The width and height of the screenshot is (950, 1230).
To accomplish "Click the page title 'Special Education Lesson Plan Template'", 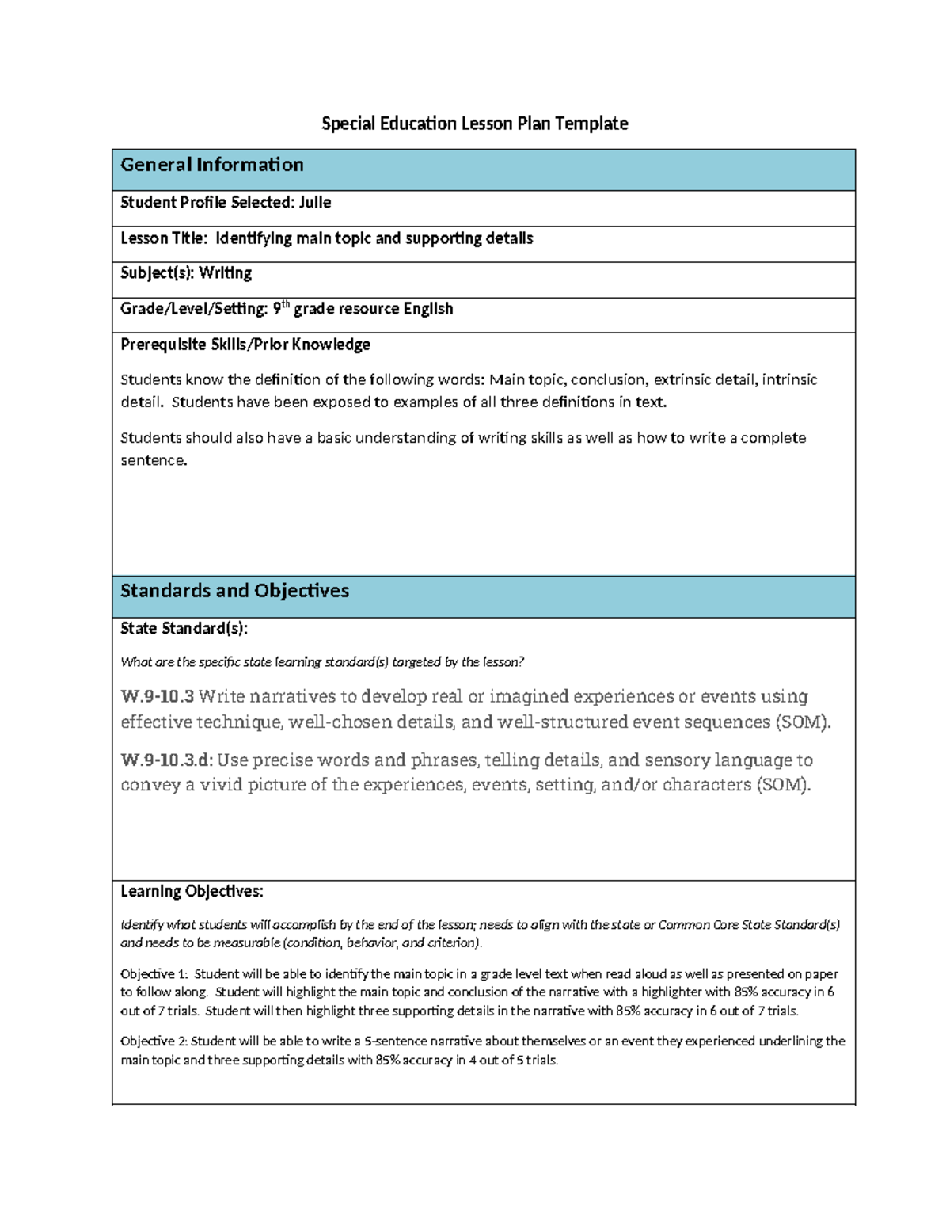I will pyautogui.click(x=474, y=124).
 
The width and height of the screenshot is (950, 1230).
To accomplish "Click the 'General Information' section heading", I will pyautogui.click(x=211, y=165).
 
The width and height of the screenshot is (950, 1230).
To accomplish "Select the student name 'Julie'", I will pyautogui.click(x=314, y=203).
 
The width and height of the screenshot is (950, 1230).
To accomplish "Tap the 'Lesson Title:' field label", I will pyautogui.click(x=164, y=238).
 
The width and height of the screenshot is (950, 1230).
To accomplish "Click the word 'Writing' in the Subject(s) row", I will pyautogui.click(x=225, y=273).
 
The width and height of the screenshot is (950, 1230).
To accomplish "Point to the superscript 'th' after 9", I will pyautogui.click(x=286, y=303).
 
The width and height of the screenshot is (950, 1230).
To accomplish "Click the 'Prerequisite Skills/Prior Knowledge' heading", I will pyautogui.click(x=245, y=345).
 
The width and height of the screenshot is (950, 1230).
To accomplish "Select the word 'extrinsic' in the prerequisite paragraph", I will pyautogui.click(x=682, y=379).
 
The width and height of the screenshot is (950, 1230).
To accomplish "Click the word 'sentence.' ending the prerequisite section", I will pyautogui.click(x=154, y=460).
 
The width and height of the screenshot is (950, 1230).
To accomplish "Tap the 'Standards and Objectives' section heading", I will pyautogui.click(x=234, y=591).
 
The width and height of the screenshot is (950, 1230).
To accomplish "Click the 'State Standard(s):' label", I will pyautogui.click(x=184, y=629).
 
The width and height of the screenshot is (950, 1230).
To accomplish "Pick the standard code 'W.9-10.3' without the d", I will pyautogui.click(x=157, y=696).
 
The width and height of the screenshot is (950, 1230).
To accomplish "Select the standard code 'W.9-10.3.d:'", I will pyautogui.click(x=166, y=760).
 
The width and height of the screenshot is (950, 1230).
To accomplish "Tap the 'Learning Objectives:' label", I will pyautogui.click(x=192, y=892).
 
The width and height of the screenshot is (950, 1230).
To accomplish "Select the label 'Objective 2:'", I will pyautogui.click(x=154, y=1042).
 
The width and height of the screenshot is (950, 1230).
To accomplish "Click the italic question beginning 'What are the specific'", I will pyautogui.click(x=321, y=662).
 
